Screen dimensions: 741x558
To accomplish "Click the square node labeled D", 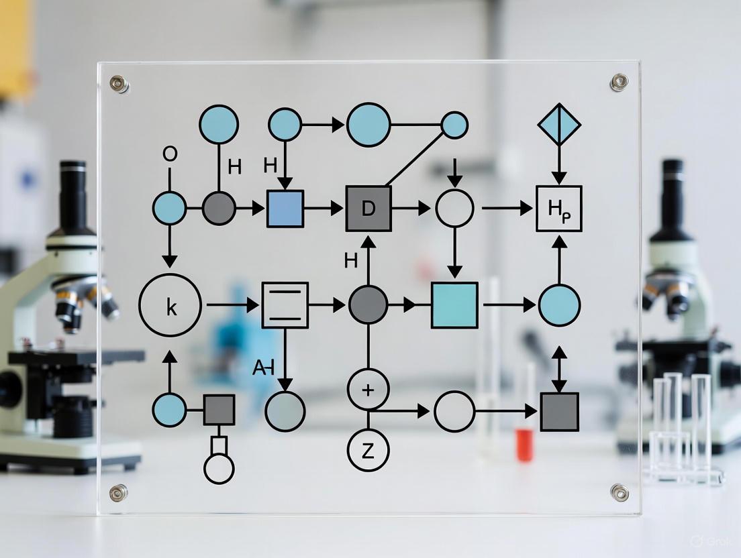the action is pos(368,209).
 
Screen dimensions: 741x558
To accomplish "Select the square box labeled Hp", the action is pos(558,209).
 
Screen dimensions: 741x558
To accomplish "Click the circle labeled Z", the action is pos(368,451).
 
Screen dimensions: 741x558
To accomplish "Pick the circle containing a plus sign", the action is pos(368,389).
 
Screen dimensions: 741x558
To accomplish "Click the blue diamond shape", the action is pos(559,124).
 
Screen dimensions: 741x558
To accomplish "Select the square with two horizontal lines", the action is pos(285,305).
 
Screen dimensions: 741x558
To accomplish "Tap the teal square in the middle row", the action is pos(454,305).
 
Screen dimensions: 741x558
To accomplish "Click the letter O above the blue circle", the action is pos(170,154).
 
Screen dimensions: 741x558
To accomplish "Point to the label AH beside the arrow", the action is pos(263,367).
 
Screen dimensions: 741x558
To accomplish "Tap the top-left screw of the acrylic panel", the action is pos(119,83).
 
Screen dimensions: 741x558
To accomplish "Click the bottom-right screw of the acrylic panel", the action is pos(619,492).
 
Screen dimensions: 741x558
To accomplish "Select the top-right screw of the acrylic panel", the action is pos(618,82).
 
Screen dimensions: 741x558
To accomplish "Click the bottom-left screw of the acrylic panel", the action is pos(118,492).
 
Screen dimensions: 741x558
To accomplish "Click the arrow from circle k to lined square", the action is pos(232,305).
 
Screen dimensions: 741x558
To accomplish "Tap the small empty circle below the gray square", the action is pos(219,469).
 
